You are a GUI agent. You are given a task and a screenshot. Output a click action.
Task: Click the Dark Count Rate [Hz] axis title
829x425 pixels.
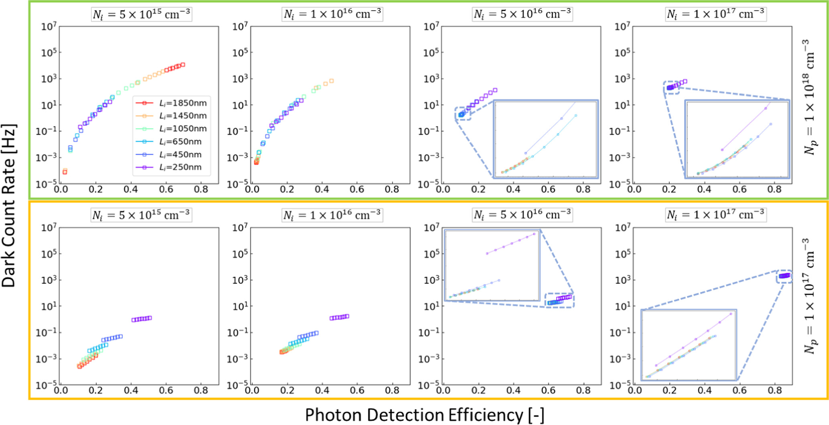click(9, 205)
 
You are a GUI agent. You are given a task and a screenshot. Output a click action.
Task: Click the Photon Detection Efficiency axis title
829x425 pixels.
click(424, 415)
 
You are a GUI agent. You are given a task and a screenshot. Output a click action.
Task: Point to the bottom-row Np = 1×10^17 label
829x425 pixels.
click(810, 296)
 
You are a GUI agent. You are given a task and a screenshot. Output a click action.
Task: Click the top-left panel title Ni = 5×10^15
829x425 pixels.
click(141, 14)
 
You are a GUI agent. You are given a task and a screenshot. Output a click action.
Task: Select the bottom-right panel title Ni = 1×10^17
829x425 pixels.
click(715, 215)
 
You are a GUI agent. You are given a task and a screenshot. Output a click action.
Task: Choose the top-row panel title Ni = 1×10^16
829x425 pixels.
click(332, 14)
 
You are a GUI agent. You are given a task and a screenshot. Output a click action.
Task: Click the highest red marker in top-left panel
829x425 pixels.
click(183, 65)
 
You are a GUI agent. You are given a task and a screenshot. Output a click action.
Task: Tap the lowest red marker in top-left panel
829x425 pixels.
click(65, 172)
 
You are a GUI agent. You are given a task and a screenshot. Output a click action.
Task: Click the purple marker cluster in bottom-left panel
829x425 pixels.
click(142, 319)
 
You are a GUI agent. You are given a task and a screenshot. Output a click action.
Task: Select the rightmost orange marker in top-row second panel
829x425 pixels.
click(331, 81)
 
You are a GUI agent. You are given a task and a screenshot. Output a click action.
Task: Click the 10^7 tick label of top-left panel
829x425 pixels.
click(50, 27)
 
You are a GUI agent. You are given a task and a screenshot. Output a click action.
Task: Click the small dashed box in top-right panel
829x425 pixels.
click(671, 87)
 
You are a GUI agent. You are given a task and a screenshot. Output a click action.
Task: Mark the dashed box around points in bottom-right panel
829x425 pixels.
click(784, 276)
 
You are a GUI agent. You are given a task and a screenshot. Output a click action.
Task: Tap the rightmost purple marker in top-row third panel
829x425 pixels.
click(495, 90)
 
